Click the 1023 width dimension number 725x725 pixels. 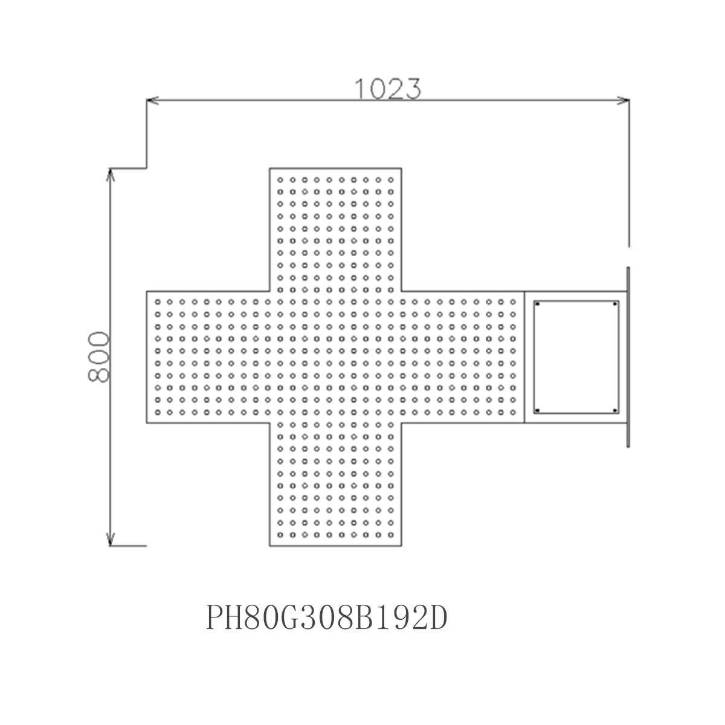pyautogui.click(x=388, y=89)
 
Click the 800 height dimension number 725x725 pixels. pyautogui.click(x=98, y=356)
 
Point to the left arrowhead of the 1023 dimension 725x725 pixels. pyautogui.click(x=152, y=100)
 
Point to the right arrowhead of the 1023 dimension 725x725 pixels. pyautogui.click(x=623, y=100)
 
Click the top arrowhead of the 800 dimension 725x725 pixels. pyautogui.click(x=110, y=175)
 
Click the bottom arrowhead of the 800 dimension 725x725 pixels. pyautogui.click(x=110, y=539)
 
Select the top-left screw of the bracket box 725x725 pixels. pyautogui.click(x=537, y=304)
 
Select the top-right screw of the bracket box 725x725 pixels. pyautogui.click(x=615, y=304)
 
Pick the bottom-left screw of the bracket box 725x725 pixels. pyautogui.click(x=537, y=410)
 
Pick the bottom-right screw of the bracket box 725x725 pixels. pyautogui.click(x=615, y=410)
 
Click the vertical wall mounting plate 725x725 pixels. pyautogui.click(x=628, y=357)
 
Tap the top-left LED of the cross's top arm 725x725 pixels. pyautogui.click(x=280, y=180)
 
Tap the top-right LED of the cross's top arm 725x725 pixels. pyautogui.click(x=390, y=180)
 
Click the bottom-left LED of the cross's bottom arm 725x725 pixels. pyautogui.click(x=280, y=535)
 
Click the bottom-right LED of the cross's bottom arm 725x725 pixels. pyautogui.click(x=390, y=535)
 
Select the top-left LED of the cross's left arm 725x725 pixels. pyautogui.click(x=158, y=301)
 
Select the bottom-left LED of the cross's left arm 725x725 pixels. pyautogui.click(x=158, y=413)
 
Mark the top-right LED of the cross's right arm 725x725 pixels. pyautogui.click(x=513, y=301)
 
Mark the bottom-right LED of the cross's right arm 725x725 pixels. pyautogui.click(x=513, y=413)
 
